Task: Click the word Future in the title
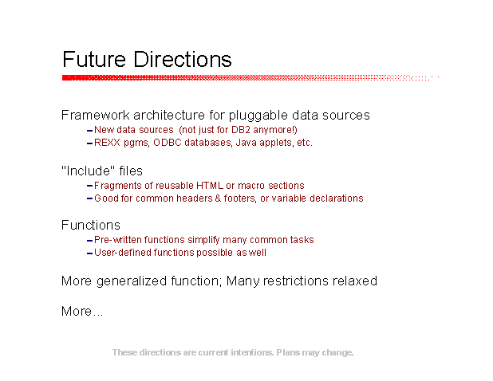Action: [x=94, y=59]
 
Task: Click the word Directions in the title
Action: [x=183, y=59]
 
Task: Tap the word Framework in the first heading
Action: [x=95, y=115]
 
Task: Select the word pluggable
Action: [x=258, y=116]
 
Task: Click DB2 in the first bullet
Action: [x=241, y=130]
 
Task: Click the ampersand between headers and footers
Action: [x=218, y=198]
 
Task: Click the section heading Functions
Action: [x=91, y=226]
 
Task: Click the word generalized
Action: [x=132, y=281]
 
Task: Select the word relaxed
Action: [x=355, y=281]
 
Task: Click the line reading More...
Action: [x=82, y=312]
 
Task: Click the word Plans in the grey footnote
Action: [x=288, y=352]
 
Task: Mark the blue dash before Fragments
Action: [x=89, y=186]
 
